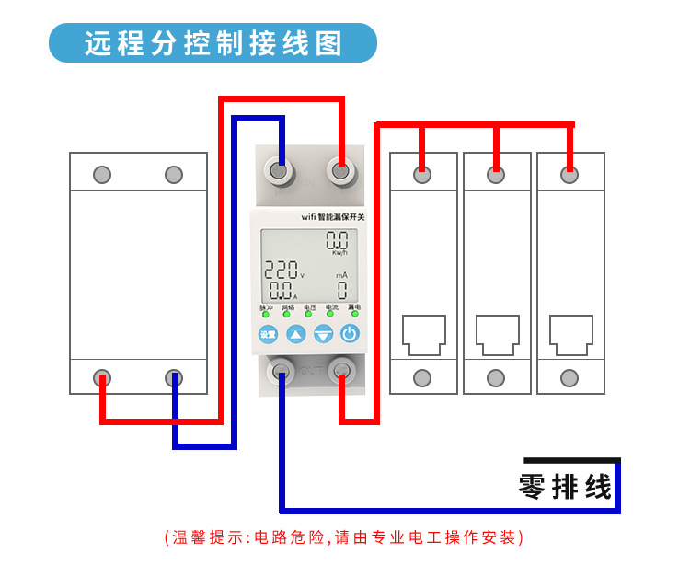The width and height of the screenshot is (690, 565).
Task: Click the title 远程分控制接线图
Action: coord(213,43)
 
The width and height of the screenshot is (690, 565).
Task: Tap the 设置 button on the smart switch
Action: coord(268,334)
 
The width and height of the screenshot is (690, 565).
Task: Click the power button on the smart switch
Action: coord(350,334)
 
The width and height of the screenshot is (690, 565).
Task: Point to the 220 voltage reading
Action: coord(282,271)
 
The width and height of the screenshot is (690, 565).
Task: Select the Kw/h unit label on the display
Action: coord(339,252)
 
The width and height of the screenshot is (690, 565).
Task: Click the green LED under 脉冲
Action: coord(265,315)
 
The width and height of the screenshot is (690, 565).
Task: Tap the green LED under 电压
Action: coord(309,315)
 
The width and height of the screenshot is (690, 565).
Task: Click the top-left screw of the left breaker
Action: coord(103,175)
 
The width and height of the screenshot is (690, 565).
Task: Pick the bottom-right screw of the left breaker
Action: coord(174,376)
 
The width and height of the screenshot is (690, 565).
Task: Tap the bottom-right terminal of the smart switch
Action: coord(341,371)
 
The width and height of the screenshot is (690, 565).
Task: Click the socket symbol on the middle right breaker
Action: coord(497,335)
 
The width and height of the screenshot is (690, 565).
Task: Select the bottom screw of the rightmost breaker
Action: coord(569,377)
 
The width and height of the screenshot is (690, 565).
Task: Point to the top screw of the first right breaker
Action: coord(423,175)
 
